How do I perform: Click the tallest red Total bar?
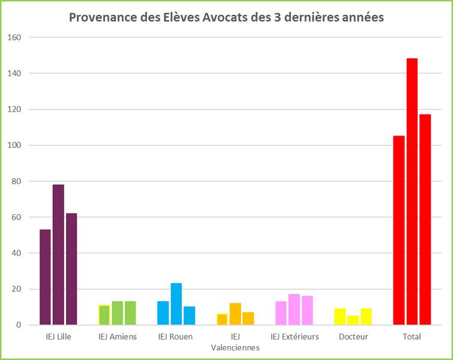412,191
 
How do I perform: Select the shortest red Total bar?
399,230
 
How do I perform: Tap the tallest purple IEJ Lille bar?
58,254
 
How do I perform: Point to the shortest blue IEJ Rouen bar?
190,316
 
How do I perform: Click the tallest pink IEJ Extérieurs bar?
294,310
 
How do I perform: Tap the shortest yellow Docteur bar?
353,320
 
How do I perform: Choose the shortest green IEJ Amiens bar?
104,315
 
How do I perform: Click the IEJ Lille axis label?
58,337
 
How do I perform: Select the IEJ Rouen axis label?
176,337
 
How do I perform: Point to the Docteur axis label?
353,337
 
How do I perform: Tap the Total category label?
412,337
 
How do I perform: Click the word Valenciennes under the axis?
235,347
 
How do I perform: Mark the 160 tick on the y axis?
14,37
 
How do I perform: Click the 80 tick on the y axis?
16,181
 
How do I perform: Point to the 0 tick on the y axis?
19,325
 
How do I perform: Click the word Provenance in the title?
100,17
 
